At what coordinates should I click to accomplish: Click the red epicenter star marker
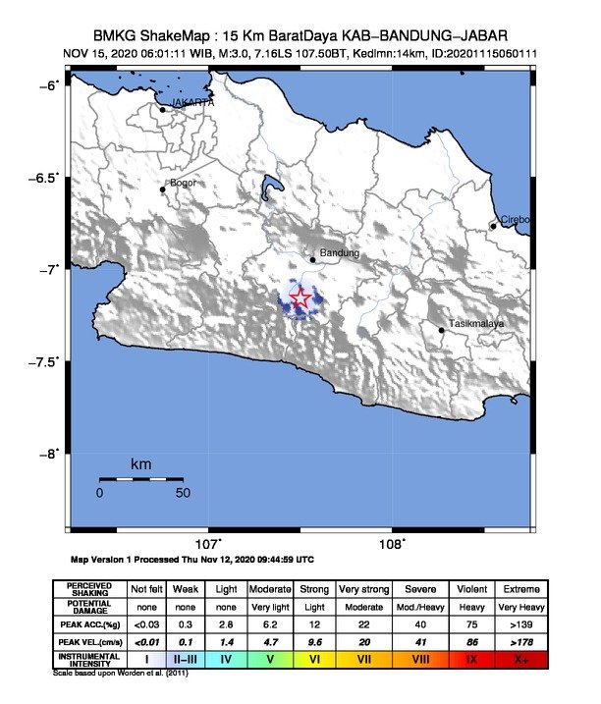tap(301, 298)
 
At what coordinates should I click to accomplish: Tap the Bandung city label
tap(341, 254)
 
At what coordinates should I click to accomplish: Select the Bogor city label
tap(184, 183)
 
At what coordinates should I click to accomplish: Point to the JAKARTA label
tap(192, 102)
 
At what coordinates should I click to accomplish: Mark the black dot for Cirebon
tap(494, 226)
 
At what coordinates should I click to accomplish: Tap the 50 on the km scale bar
tap(183, 492)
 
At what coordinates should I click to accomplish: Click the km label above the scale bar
tap(141, 462)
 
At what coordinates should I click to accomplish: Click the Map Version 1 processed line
tap(192, 561)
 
